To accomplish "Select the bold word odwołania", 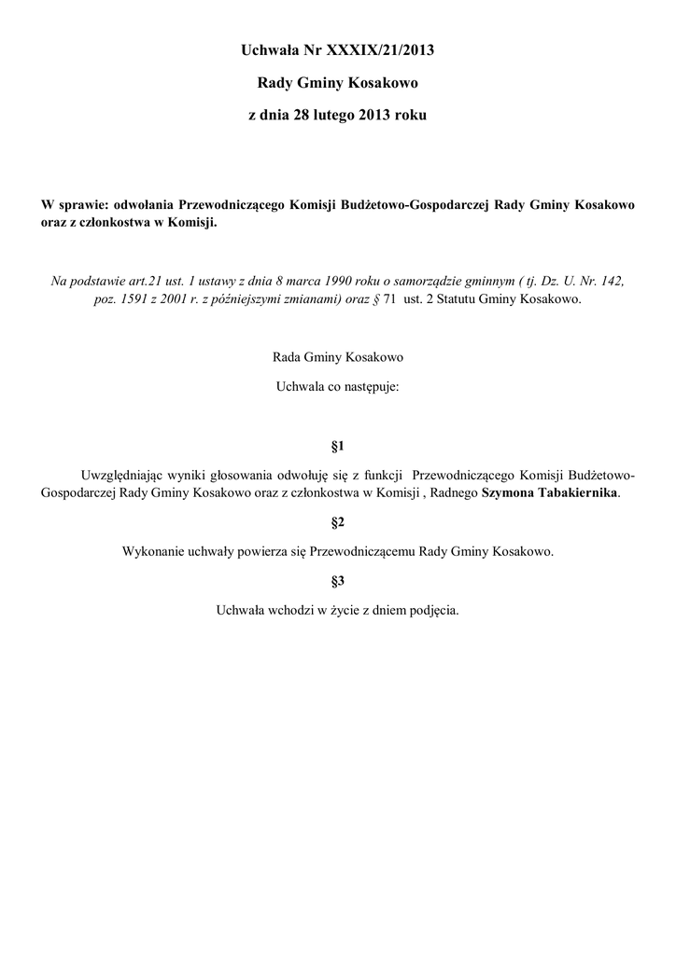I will tap(150, 205).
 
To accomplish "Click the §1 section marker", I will tap(338, 446).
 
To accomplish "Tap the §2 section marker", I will tap(338, 519).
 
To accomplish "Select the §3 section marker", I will tap(338, 581).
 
